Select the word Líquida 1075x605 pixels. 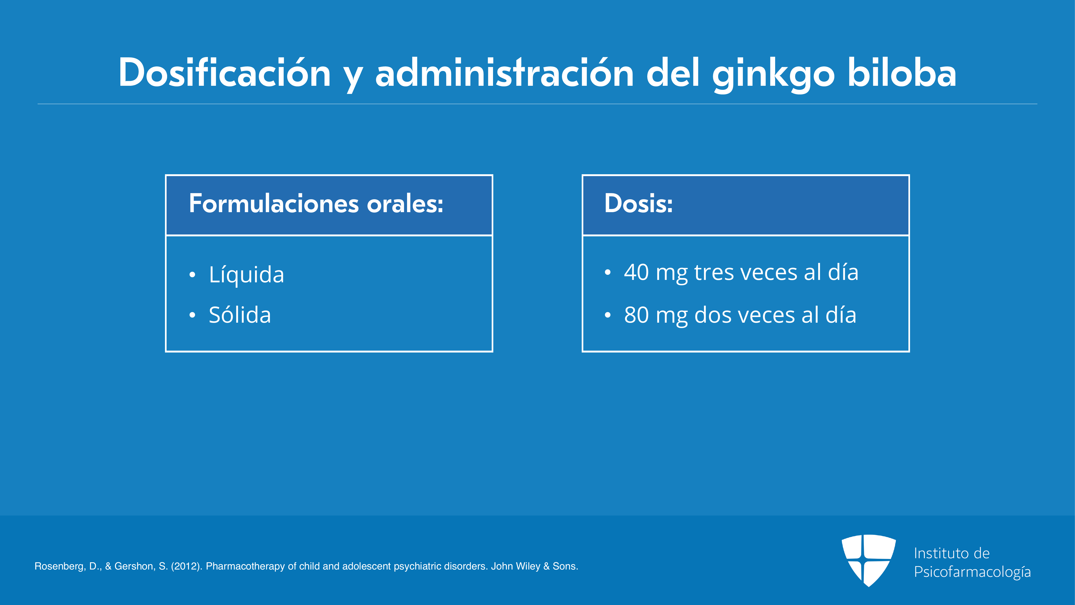[246, 274]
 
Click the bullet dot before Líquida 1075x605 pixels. [192, 275]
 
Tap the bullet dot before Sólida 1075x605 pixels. [192, 315]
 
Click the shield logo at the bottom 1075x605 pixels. [868, 560]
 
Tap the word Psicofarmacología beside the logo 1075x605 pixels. [972, 572]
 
